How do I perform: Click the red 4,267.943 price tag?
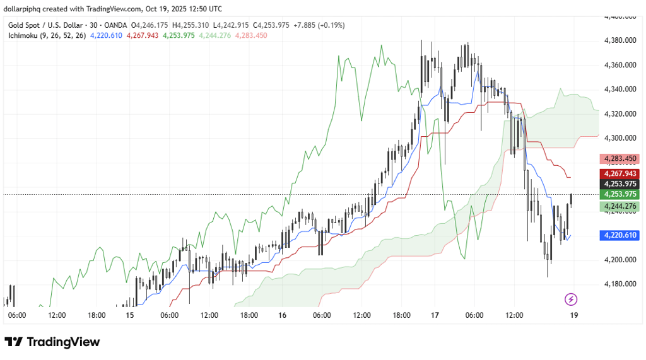pos(620,173)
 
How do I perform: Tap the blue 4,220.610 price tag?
pos(620,235)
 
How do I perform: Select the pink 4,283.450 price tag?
pos(620,158)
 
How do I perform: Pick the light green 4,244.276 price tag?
pos(620,206)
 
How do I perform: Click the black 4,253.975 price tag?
pos(620,183)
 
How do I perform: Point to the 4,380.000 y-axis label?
pos(621,40)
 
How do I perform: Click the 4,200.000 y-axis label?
pos(621,260)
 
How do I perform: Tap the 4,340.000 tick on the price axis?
pos(621,90)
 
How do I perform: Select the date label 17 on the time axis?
pos(435,315)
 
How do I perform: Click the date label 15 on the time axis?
pos(130,315)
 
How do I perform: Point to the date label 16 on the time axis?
pos(281,315)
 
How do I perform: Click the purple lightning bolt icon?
pos(571,299)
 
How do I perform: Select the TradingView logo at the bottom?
pos(52,342)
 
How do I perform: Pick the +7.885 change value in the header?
pos(305,25)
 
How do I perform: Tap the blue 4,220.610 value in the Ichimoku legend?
pos(106,35)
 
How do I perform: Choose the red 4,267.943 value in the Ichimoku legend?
pos(142,35)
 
